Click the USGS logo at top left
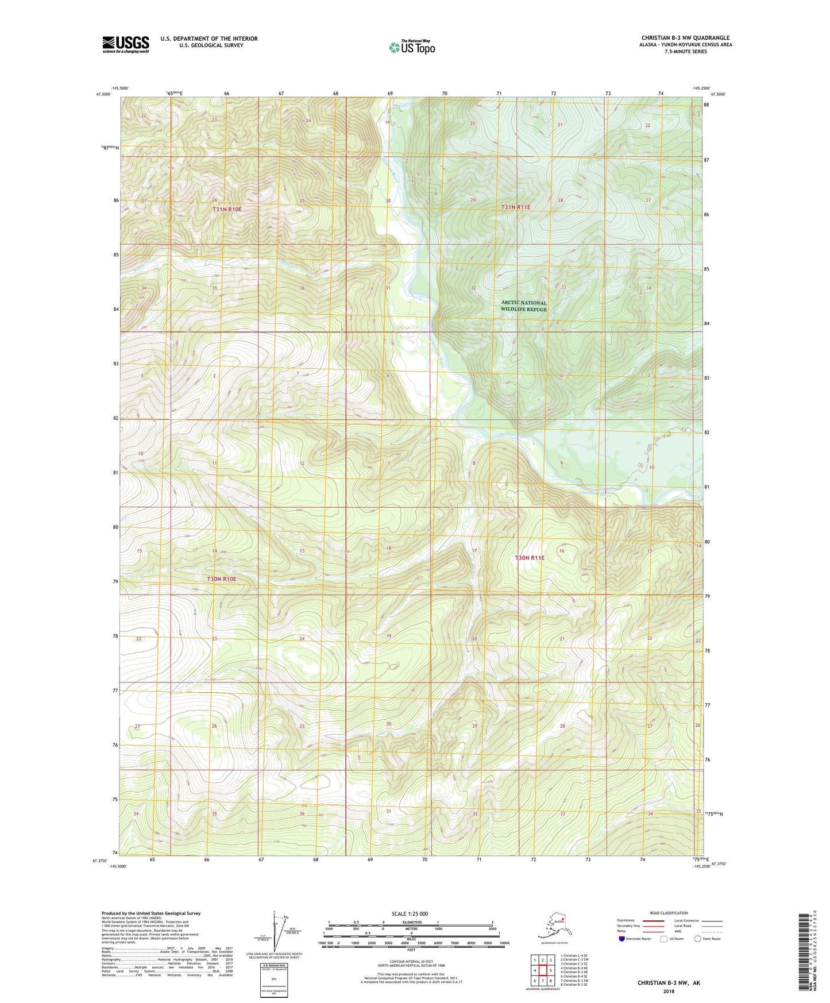[x=125, y=44]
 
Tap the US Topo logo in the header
[x=411, y=47]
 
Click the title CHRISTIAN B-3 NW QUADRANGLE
[x=685, y=38]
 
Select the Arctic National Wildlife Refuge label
[x=523, y=306]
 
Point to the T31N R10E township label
[x=227, y=210]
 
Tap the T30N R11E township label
[x=529, y=558]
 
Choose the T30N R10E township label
[x=221, y=578]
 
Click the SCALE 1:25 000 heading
[x=411, y=913]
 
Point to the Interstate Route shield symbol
[x=621, y=938]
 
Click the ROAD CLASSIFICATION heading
[x=669, y=913]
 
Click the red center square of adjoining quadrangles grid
[x=542, y=970]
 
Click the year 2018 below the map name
[x=668, y=991]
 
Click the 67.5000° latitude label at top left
[x=103, y=94]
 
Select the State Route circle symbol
[x=698, y=938]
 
